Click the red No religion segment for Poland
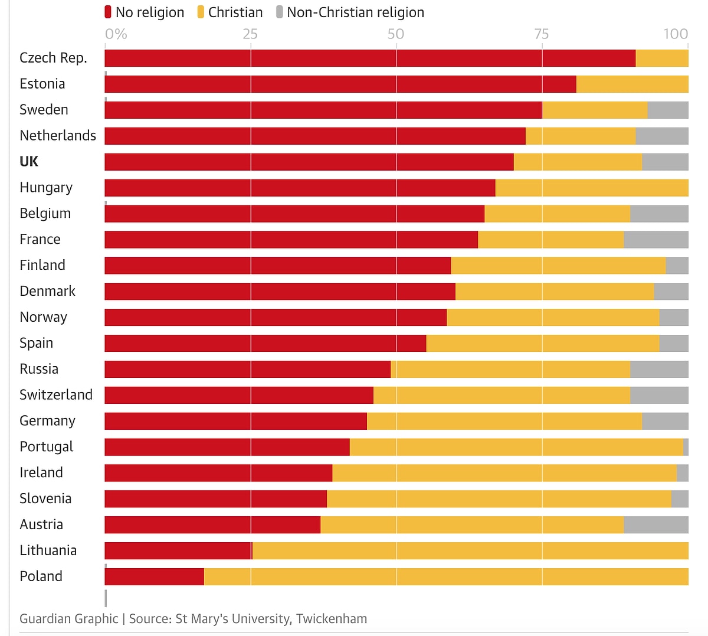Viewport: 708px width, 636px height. [x=154, y=576]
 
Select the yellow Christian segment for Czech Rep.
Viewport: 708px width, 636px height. [x=661, y=58]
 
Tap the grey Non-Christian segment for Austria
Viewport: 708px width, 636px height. [x=655, y=524]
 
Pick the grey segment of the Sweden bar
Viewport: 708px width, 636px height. [x=667, y=110]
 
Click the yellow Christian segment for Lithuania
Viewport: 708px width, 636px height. [x=470, y=550]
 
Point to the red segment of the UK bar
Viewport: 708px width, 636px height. [x=309, y=162]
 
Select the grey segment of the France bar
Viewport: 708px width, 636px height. [x=655, y=240]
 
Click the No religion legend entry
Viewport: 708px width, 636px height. [x=145, y=12]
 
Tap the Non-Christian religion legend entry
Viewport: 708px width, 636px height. [x=350, y=12]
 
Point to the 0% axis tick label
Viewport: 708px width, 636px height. [x=116, y=34]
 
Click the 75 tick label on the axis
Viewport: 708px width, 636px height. [x=541, y=34]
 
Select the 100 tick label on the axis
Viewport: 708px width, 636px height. [x=676, y=34]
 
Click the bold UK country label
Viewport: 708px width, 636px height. [x=29, y=162]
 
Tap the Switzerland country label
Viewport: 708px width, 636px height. [x=56, y=394]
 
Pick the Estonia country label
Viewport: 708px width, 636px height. [x=42, y=84]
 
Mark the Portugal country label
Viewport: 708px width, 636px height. [x=46, y=446]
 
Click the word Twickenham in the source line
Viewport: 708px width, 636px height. [x=332, y=618]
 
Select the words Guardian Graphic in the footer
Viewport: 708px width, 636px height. [x=68, y=618]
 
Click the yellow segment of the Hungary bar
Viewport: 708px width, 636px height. [x=592, y=188]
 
